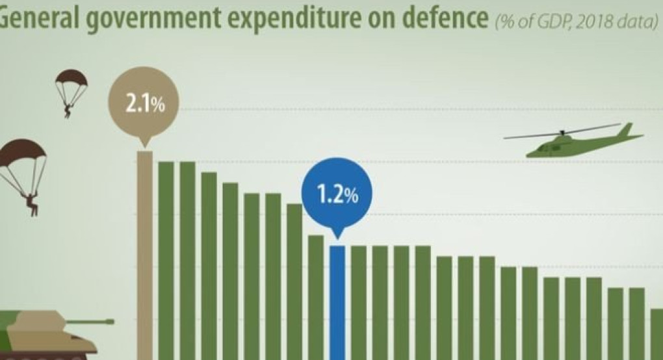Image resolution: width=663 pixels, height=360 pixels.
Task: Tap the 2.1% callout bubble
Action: [x=144, y=103]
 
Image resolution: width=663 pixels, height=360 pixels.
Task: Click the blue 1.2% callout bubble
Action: [x=337, y=195]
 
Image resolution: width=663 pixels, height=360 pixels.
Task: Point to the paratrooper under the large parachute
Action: [x=30, y=203]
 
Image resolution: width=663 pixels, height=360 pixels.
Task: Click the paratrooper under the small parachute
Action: [x=67, y=110]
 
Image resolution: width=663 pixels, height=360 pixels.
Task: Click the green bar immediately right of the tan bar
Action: [x=166, y=260]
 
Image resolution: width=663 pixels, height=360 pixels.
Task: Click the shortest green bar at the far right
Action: [x=656, y=334]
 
